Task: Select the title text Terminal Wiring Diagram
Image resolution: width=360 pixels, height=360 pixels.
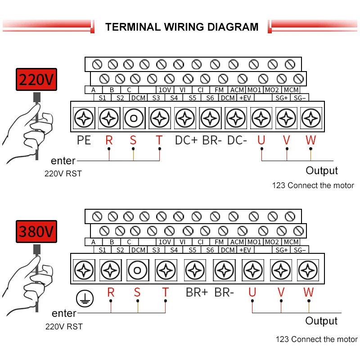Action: [182, 27]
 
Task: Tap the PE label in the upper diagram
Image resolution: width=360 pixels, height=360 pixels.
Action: [84, 140]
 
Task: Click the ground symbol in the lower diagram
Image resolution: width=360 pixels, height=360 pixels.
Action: [83, 297]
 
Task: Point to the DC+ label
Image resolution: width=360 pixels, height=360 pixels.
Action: [186, 140]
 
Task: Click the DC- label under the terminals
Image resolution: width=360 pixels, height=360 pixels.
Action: [237, 140]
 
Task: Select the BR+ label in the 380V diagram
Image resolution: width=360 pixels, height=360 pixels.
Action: [197, 292]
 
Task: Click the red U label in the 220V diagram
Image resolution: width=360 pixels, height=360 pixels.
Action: [261, 140]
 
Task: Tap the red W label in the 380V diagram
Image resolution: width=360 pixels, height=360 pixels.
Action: [308, 292]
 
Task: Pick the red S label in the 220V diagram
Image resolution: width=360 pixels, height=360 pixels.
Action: [133, 140]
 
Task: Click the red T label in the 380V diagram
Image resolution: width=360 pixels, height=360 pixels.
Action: [165, 292]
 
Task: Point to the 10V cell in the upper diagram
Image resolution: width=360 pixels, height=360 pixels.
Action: [165, 90]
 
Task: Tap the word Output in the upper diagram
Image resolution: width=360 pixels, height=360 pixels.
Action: [322, 171]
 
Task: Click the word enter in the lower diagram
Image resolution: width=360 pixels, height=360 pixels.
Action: [64, 313]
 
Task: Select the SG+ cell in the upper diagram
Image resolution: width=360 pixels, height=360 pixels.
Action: [282, 98]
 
